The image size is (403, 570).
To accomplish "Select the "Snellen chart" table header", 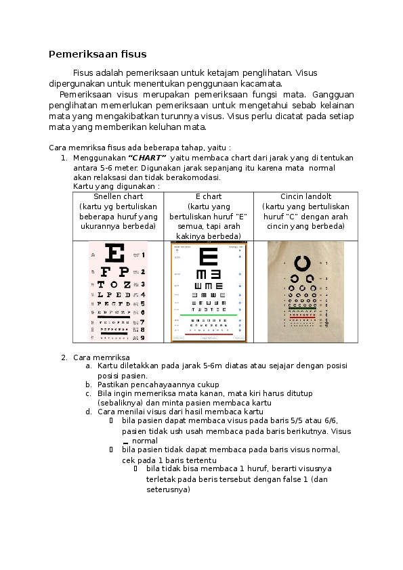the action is click(118, 197).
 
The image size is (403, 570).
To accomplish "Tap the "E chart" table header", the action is click(208, 197).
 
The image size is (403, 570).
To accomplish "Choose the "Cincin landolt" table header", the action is click(305, 197).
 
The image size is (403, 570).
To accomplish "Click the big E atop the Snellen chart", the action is click(116, 255).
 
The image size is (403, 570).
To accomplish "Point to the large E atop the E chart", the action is click(209, 257).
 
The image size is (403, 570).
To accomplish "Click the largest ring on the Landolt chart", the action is click(302, 263).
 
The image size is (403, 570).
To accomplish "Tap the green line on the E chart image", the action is click(209, 315).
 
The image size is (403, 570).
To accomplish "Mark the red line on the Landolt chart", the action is click(305, 317).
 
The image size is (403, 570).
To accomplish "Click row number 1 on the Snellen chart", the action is click(142, 255).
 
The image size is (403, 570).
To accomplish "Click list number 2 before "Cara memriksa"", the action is click(63, 357).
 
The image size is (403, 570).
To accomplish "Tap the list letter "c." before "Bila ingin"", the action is click(88, 393).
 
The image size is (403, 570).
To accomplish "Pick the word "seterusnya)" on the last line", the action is click(168, 490).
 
